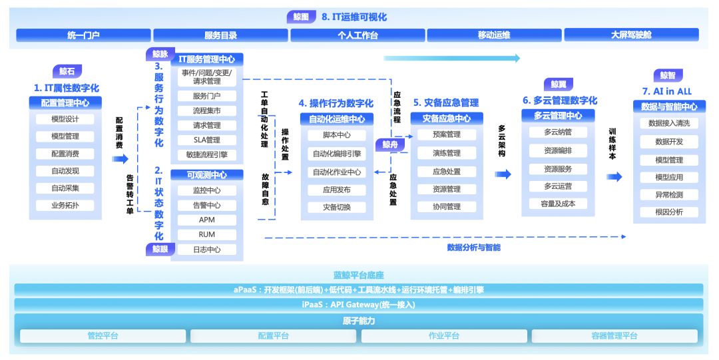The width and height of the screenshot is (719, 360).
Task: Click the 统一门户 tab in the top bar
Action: (83, 35)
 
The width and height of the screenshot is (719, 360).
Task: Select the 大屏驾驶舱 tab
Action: (631, 35)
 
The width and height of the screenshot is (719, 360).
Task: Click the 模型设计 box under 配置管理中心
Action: (65, 119)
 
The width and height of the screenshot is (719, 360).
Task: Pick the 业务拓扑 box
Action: (65, 206)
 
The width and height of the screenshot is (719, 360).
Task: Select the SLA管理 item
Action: (206, 140)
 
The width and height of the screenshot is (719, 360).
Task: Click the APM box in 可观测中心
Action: (206, 220)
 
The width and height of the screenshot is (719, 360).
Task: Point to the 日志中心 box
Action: (206, 250)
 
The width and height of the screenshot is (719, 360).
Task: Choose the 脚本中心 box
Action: (336, 135)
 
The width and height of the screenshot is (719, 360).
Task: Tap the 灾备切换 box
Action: (336, 207)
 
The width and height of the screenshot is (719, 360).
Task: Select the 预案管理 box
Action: (446, 135)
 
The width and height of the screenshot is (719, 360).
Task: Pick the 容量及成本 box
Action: (558, 204)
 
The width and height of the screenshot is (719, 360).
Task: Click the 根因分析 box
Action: (669, 212)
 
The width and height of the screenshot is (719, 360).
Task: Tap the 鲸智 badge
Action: (668, 75)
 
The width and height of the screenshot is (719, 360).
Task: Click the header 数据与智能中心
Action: (669, 106)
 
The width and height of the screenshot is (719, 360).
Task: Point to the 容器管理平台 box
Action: (614, 336)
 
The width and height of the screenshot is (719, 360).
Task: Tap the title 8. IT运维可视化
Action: (354, 17)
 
